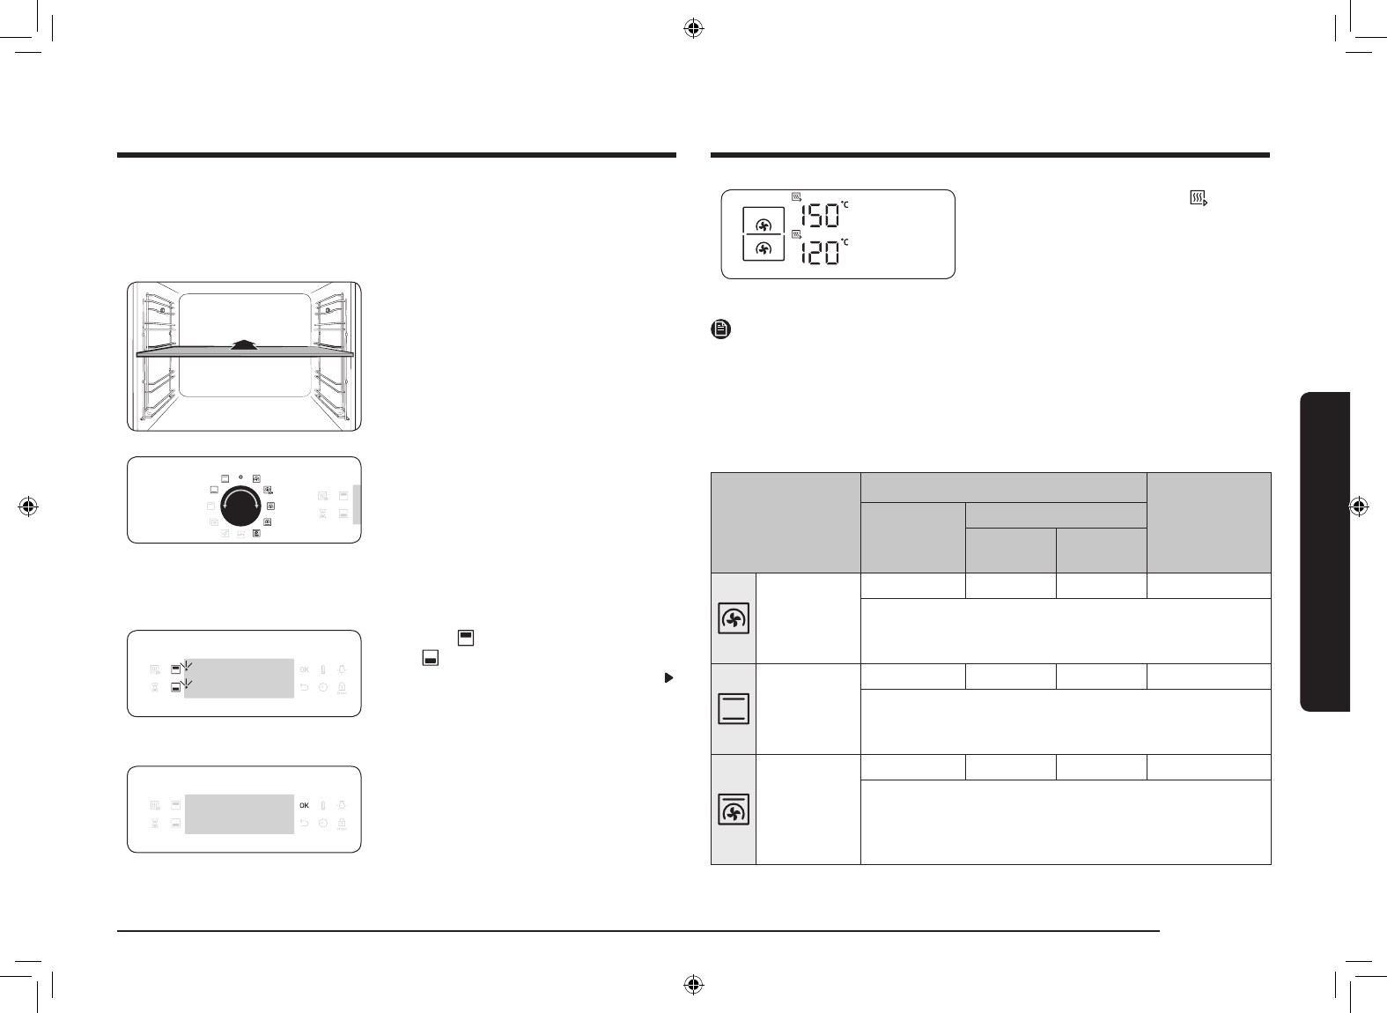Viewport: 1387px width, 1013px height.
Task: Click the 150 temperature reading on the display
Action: [x=820, y=216]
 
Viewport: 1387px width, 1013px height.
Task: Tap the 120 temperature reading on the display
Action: [x=820, y=253]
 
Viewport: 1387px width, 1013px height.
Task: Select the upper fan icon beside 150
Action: [x=764, y=226]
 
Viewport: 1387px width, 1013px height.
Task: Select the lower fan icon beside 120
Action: [x=764, y=249]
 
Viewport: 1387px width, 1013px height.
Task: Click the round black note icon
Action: [x=720, y=329]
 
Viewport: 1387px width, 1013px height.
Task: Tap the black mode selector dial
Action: [x=240, y=506]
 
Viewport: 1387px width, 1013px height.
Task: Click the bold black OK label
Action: [x=304, y=806]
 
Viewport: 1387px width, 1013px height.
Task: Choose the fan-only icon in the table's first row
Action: [x=734, y=618]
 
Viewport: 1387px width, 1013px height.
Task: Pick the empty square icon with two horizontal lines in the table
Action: [x=734, y=709]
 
